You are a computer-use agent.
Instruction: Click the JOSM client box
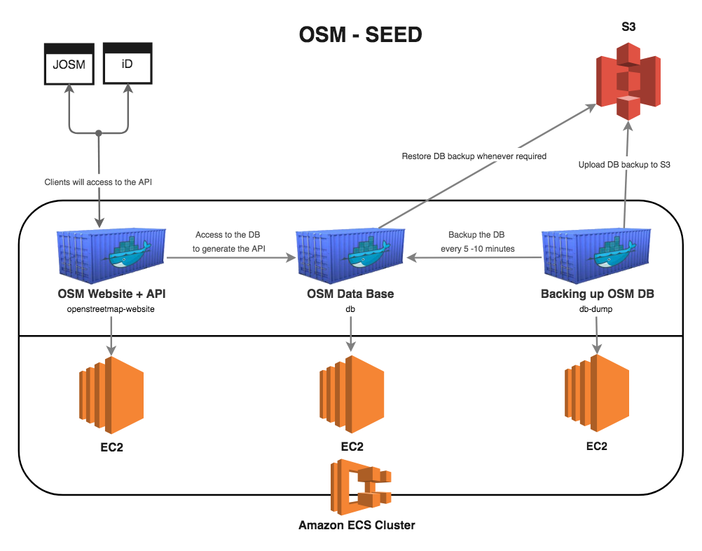68,64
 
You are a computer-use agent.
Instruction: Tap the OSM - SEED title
360,34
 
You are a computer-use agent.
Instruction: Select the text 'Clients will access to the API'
98,182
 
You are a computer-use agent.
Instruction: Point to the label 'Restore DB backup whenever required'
474,156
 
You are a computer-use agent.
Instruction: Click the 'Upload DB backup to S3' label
626,165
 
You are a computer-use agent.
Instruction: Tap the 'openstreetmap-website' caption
111,308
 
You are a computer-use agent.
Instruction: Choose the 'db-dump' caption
597,308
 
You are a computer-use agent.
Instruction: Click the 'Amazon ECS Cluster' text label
357,525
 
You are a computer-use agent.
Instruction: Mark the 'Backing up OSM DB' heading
597,294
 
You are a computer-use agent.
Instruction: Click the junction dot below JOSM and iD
99,132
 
